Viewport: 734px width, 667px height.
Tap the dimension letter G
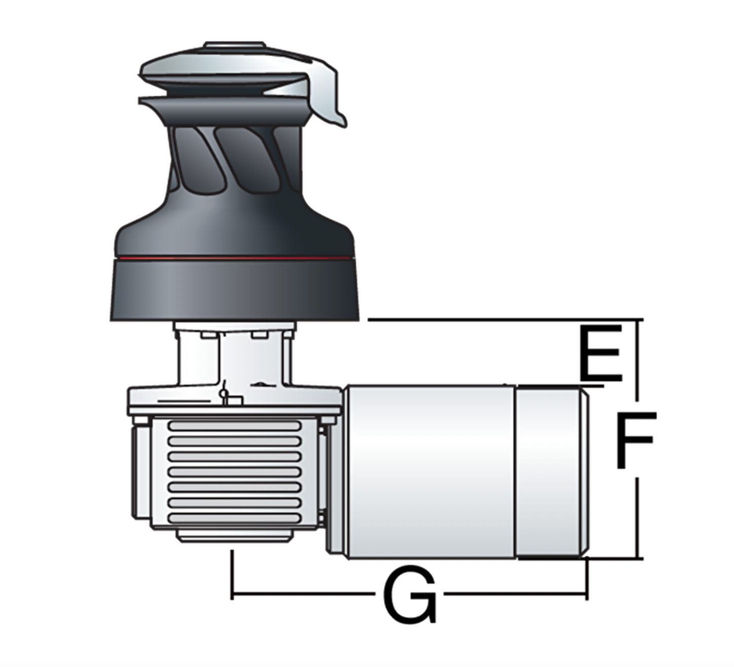[410, 594]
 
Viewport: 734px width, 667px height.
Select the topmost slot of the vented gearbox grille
[235, 426]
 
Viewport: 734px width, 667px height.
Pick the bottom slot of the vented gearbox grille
[235, 518]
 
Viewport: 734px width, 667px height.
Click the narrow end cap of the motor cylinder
[552, 472]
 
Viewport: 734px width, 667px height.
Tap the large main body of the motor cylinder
[430, 472]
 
